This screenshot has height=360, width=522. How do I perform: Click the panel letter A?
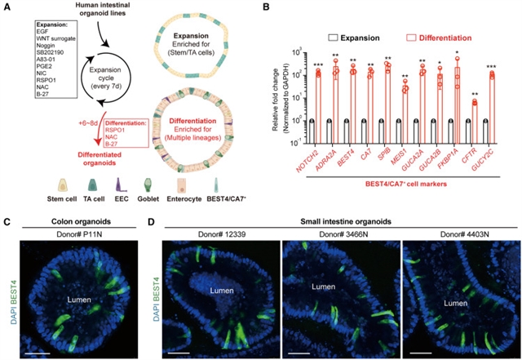click(6, 7)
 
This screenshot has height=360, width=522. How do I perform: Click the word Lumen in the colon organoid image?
click(79, 299)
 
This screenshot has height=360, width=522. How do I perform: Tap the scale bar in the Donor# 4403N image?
click(420, 351)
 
